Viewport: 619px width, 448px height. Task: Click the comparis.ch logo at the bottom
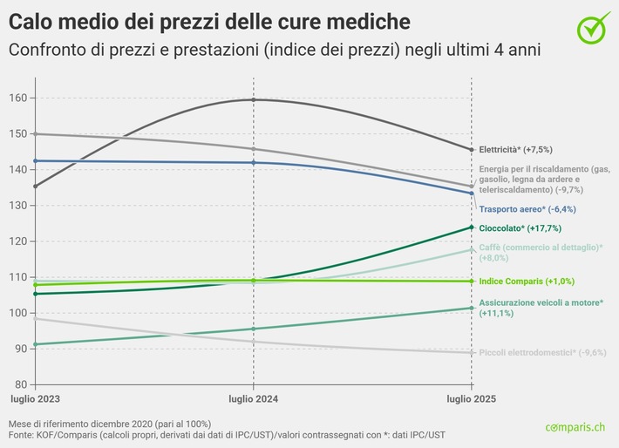click(x=575, y=428)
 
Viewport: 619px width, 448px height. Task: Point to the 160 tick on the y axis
click(x=17, y=98)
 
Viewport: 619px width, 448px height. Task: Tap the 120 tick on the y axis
click(x=17, y=241)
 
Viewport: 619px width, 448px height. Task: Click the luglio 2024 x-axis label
click(x=253, y=398)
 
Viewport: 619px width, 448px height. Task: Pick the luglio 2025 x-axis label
click(x=472, y=398)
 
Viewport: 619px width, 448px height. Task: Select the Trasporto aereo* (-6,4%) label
click(x=527, y=209)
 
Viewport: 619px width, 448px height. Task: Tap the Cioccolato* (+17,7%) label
click(x=520, y=228)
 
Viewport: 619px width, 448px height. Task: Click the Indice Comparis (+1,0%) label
click(x=527, y=282)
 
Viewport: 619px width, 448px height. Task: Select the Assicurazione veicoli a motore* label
click(x=541, y=302)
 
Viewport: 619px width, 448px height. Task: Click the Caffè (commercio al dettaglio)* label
click(x=541, y=248)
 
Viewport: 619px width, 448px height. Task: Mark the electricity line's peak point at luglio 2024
click(x=253, y=100)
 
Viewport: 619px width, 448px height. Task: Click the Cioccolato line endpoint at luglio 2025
click(x=472, y=228)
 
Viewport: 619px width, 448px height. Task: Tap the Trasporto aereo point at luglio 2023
click(x=35, y=161)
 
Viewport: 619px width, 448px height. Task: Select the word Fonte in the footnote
click(x=23, y=433)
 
